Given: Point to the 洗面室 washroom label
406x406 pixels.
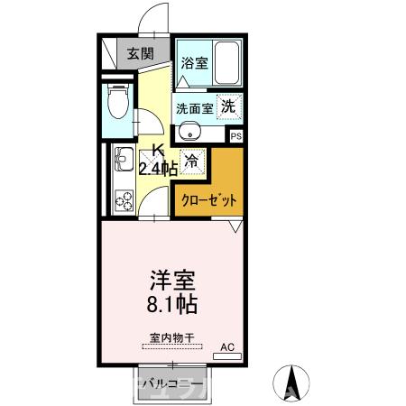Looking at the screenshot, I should tap(194, 107).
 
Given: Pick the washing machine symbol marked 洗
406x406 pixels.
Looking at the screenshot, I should tap(229, 106).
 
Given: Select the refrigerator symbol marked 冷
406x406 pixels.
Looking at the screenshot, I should tap(191, 161).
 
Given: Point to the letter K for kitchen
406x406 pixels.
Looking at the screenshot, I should tap(157, 150).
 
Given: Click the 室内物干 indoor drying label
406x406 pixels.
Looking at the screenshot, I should tap(171, 340).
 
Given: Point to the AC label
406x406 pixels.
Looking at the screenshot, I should tap(226, 346).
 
